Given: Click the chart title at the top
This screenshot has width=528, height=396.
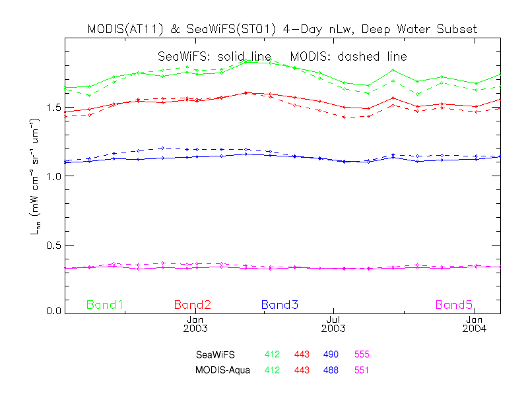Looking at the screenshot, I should click(x=282, y=30).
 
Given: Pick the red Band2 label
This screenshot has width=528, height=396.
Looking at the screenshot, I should click(x=193, y=305).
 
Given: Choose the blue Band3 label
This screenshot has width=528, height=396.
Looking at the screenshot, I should click(x=280, y=305).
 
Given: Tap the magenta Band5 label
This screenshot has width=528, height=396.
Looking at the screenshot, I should click(x=454, y=305).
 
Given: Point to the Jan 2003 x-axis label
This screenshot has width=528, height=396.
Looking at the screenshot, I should click(x=195, y=323).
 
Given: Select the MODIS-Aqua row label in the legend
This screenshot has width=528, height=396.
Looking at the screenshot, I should click(x=222, y=370).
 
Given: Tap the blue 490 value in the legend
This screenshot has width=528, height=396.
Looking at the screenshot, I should click(x=331, y=354).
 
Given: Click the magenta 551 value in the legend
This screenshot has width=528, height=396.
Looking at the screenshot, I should click(x=362, y=370).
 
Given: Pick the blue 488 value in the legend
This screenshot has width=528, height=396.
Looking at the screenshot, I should click(x=331, y=370).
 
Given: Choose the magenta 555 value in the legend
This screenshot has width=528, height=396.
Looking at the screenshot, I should click(x=362, y=354).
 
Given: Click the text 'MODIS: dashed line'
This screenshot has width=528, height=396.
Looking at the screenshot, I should click(x=352, y=57).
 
